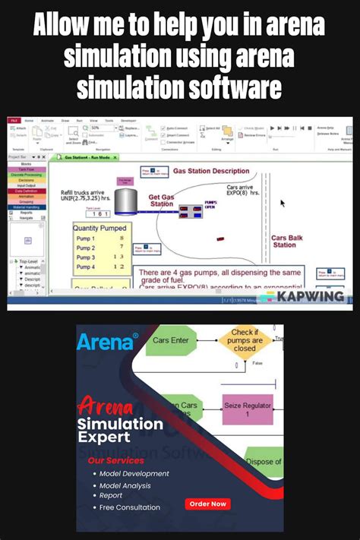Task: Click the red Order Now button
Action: (208, 504)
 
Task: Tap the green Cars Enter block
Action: (172, 341)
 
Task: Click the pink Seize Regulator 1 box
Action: (247, 411)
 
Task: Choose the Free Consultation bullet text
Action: (130, 507)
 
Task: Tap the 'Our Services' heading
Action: (115, 460)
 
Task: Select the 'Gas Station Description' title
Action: (210, 172)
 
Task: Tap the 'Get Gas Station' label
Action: (161, 200)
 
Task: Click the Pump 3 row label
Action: (86, 257)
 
